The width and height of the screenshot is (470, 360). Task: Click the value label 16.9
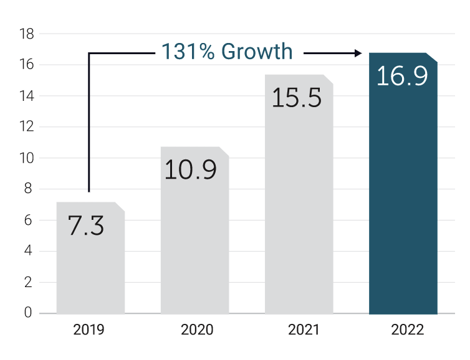pyautogui.click(x=403, y=76)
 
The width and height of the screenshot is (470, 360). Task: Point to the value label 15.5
pyautogui.click(x=297, y=98)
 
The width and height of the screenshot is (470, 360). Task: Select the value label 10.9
pyautogui.click(x=191, y=170)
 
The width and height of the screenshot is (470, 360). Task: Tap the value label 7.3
pyautogui.click(x=86, y=225)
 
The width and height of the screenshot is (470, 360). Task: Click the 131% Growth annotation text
pyautogui.click(x=227, y=52)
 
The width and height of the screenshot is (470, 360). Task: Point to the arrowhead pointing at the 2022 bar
pyautogui.click(x=358, y=54)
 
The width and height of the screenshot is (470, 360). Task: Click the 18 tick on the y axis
pyautogui.click(x=26, y=34)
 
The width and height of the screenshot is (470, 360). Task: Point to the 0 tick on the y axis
pyautogui.click(x=28, y=313)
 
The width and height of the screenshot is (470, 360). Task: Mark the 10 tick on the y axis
pyautogui.click(x=26, y=158)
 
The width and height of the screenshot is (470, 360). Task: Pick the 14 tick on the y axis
pyautogui.click(x=26, y=96)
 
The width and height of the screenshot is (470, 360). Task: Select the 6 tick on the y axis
pyautogui.click(x=28, y=220)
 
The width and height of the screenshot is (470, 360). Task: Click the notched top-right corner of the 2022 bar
pyautogui.click(x=433, y=58)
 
